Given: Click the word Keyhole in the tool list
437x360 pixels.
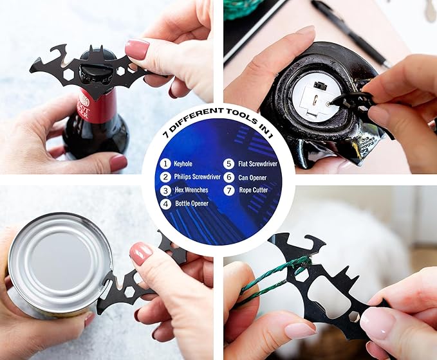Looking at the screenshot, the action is click(183, 164).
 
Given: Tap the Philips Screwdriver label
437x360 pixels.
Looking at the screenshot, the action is click(197, 177).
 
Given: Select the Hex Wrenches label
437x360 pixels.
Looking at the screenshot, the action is click(191, 190).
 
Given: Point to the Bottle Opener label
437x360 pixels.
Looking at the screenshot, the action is click(192, 203).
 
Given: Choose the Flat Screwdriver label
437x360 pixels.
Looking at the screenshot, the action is click(257, 164).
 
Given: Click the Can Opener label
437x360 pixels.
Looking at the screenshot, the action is click(252, 177).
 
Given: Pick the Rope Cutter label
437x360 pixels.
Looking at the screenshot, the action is click(254, 190).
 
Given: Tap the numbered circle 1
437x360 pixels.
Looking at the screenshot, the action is click(165, 164).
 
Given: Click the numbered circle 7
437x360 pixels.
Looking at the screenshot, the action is click(229, 190).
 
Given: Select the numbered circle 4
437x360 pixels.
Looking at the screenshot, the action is click(165, 204).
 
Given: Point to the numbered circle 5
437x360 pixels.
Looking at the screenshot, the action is click(228, 164).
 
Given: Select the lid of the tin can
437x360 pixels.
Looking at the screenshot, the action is click(60, 262).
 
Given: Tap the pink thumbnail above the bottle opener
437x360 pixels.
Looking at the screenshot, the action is click(137, 49).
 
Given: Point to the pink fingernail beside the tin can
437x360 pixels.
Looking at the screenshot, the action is click(141, 253).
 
